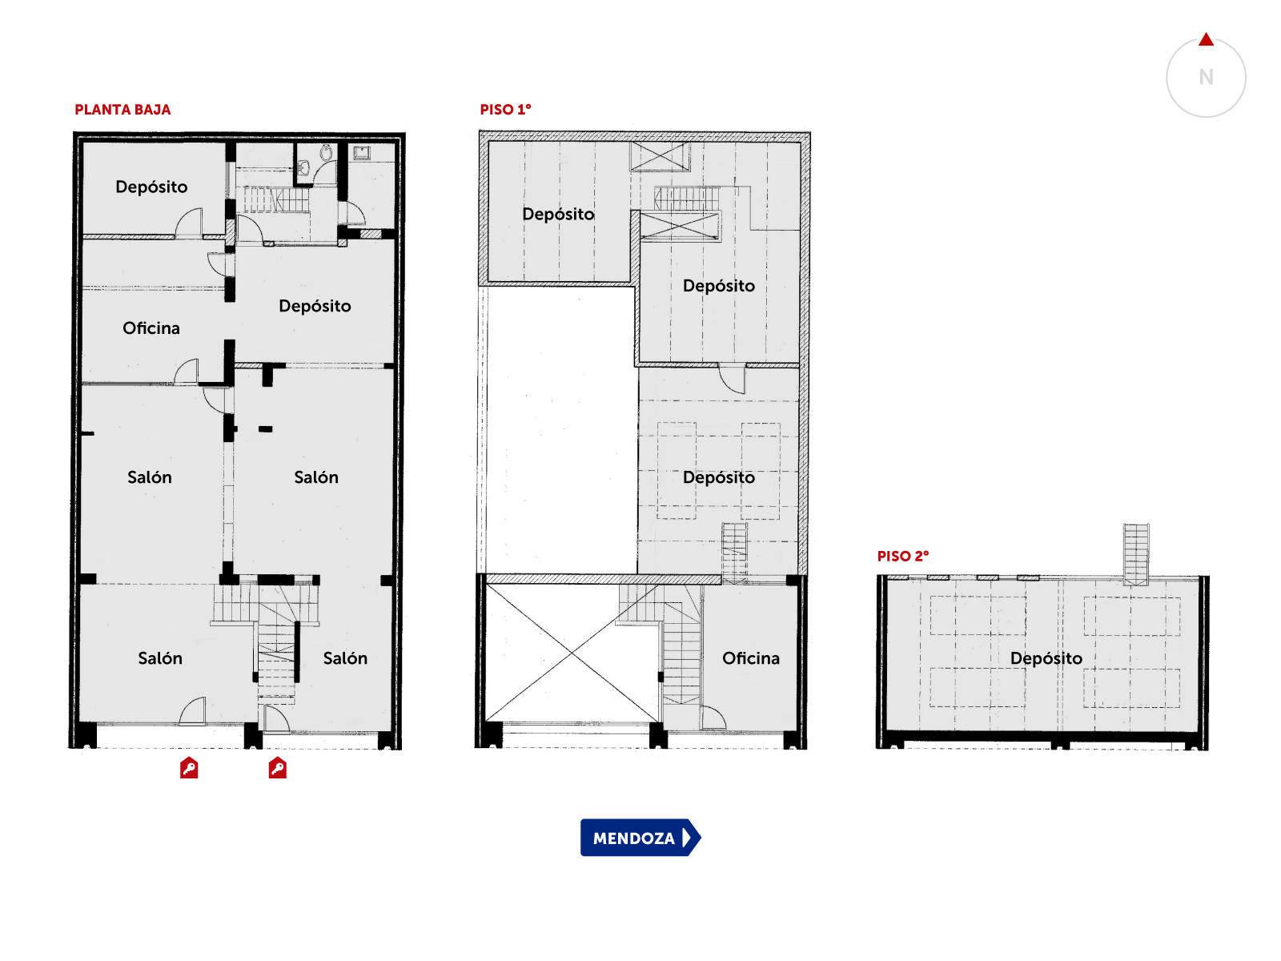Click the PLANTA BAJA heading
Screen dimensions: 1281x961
pyautogui.click(x=122, y=110)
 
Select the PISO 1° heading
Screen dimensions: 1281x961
pyautogui.click(x=505, y=110)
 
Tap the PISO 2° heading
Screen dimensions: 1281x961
pyautogui.click(x=903, y=556)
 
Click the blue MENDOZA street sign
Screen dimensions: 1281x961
pyautogui.click(x=640, y=838)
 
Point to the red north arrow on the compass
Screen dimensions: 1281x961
pyautogui.click(x=1207, y=39)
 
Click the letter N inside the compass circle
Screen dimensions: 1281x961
pyautogui.click(x=1207, y=77)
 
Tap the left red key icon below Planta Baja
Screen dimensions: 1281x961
pyautogui.click(x=188, y=768)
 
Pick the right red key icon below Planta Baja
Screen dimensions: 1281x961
pyautogui.click(x=277, y=768)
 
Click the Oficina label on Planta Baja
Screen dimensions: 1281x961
pyautogui.click(x=151, y=328)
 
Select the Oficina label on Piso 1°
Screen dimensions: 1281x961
pyautogui.click(x=750, y=658)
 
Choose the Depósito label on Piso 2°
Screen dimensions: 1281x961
pyautogui.click(x=1046, y=659)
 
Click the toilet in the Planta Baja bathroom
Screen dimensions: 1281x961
pyautogui.click(x=326, y=153)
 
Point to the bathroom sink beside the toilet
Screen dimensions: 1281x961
pyautogui.click(x=303, y=167)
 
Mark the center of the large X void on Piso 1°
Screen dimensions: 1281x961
pyautogui.click(x=572, y=653)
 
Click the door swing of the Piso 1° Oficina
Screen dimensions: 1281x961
pyautogui.click(x=713, y=718)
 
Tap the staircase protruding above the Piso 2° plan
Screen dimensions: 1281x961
pyautogui.click(x=1136, y=554)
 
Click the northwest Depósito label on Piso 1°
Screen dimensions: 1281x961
pyautogui.click(x=558, y=215)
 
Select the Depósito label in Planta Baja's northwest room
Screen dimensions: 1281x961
pyautogui.click(x=151, y=187)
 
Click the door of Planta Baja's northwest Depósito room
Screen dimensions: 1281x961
pyautogui.click(x=189, y=223)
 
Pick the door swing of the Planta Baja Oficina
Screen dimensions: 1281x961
pyautogui.click(x=187, y=371)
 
